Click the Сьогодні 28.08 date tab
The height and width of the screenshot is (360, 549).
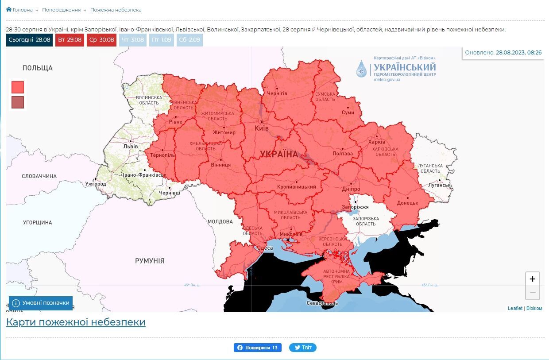tap(29, 40)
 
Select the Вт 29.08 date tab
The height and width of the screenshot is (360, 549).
tap(70, 40)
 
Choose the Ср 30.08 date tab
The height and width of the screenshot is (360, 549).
tap(101, 40)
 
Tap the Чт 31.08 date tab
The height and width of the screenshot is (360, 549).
tap(133, 40)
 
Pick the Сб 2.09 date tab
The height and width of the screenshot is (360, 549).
tap(189, 40)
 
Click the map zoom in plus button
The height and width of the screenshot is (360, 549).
tap(532, 279)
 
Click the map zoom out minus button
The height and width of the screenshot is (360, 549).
tap(532, 293)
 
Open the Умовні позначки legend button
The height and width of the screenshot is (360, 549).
tap(41, 303)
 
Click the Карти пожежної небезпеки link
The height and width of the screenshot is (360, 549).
tap(76, 322)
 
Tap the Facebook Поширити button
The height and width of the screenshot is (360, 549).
tap(257, 348)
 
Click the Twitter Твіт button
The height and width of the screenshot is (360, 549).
tap(303, 348)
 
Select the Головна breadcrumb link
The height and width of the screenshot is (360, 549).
tap(19, 10)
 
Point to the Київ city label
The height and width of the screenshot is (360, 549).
tap(262, 128)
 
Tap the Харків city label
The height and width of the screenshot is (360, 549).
tap(377, 142)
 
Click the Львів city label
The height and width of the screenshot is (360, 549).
tap(131, 146)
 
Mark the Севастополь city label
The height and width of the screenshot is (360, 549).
tap(322, 303)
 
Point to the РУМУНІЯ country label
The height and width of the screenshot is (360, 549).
tap(150, 261)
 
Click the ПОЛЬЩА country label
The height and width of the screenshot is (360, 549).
tap(38, 68)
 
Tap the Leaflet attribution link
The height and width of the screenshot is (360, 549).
tap(515, 308)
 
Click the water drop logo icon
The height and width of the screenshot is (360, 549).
tap(362, 69)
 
